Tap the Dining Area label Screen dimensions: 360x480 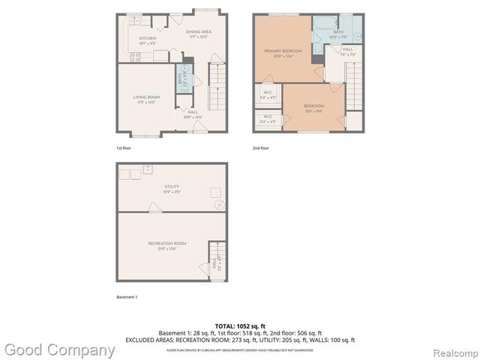[x=199, y=32]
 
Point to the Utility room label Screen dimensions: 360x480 [x=172, y=188]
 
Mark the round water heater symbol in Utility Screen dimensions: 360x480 [x=218, y=204]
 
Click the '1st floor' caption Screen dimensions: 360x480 [x=124, y=148]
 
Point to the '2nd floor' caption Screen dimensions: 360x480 [x=261, y=148]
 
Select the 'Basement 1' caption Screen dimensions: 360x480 [x=127, y=297]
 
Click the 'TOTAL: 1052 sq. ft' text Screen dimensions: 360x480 [x=240, y=325]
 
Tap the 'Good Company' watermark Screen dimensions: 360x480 [x=60, y=349]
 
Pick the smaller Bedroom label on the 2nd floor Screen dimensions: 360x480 [x=313, y=108]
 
